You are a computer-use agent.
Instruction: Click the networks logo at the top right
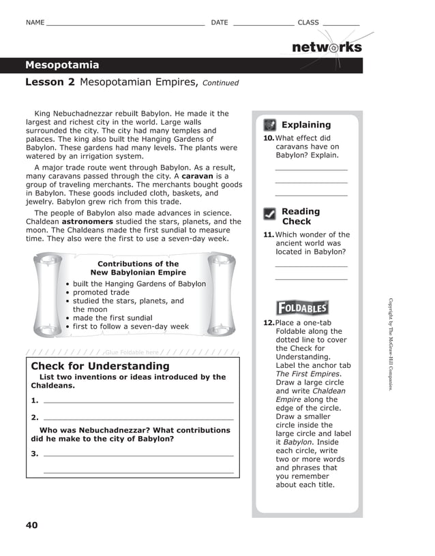[x=327, y=48]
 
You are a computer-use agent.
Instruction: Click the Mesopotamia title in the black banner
[x=62, y=65]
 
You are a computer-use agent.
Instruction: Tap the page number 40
[x=32, y=525]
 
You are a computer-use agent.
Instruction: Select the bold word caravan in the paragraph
[x=198, y=176]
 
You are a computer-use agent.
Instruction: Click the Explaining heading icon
[x=270, y=125]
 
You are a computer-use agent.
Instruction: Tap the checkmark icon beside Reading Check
[x=270, y=215]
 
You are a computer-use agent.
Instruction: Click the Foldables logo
[x=302, y=308]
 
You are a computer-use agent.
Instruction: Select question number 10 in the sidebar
[x=269, y=138]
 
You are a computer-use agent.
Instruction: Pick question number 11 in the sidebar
[x=269, y=235]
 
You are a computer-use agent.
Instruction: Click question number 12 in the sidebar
[x=269, y=323]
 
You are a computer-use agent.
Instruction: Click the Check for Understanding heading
[x=100, y=367]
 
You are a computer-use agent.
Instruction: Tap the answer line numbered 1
[x=138, y=402]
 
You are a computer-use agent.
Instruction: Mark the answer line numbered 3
[x=138, y=454]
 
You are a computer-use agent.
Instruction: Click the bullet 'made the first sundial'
[x=112, y=318]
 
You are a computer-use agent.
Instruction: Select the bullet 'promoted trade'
[x=101, y=292]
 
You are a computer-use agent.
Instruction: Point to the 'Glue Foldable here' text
[x=132, y=352]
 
